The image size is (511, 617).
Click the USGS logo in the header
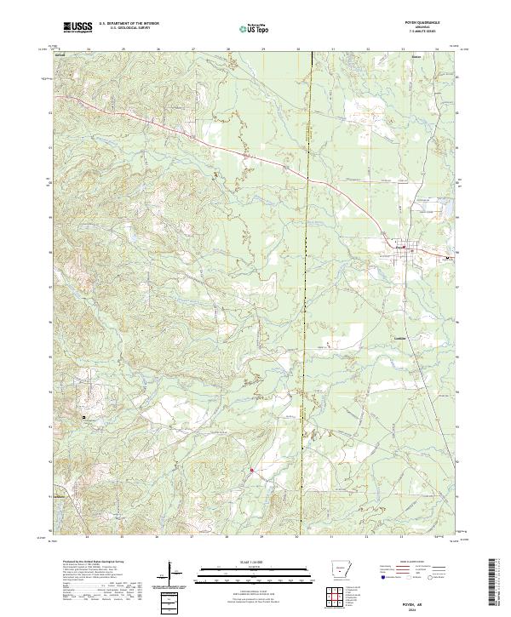(78, 27)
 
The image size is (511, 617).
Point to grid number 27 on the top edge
(193, 49)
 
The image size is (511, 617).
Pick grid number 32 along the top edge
(368, 49)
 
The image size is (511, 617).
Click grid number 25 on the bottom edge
(123, 538)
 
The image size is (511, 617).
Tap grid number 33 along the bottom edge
(403, 538)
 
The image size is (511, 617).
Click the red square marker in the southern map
(252, 467)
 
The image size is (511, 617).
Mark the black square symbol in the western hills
(83, 417)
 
